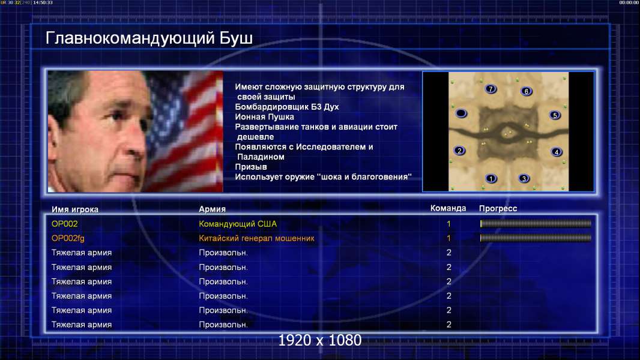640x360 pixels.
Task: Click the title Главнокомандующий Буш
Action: [x=149, y=38]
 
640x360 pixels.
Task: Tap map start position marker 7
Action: [x=491, y=89]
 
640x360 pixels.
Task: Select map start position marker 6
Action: [x=527, y=91]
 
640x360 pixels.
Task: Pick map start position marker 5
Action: [x=555, y=115]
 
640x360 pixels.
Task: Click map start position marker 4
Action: [x=557, y=152]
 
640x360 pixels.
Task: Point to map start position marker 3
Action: [x=524, y=178]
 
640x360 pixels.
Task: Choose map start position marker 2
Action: [x=460, y=151]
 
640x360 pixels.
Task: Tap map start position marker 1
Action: [x=491, y=178]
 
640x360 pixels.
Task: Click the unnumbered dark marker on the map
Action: [x=461, y=113]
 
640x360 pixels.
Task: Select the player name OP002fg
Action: [x=68, y=239]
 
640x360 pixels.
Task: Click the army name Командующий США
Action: [x=238, y=224]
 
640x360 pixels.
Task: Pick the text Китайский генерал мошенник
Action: [x=256, y=238]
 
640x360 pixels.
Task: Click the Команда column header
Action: [x=448, y=208]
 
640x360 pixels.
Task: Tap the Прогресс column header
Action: [x=498, y=208]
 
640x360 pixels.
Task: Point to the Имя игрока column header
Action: [x=74, y=209]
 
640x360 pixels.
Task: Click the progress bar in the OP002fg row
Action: [x=536, y=238]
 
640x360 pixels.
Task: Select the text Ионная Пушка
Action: [x=264, y=117]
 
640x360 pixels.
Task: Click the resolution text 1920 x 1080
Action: [x=320, y=340]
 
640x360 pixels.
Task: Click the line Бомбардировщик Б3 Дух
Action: [x=287, y=107]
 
